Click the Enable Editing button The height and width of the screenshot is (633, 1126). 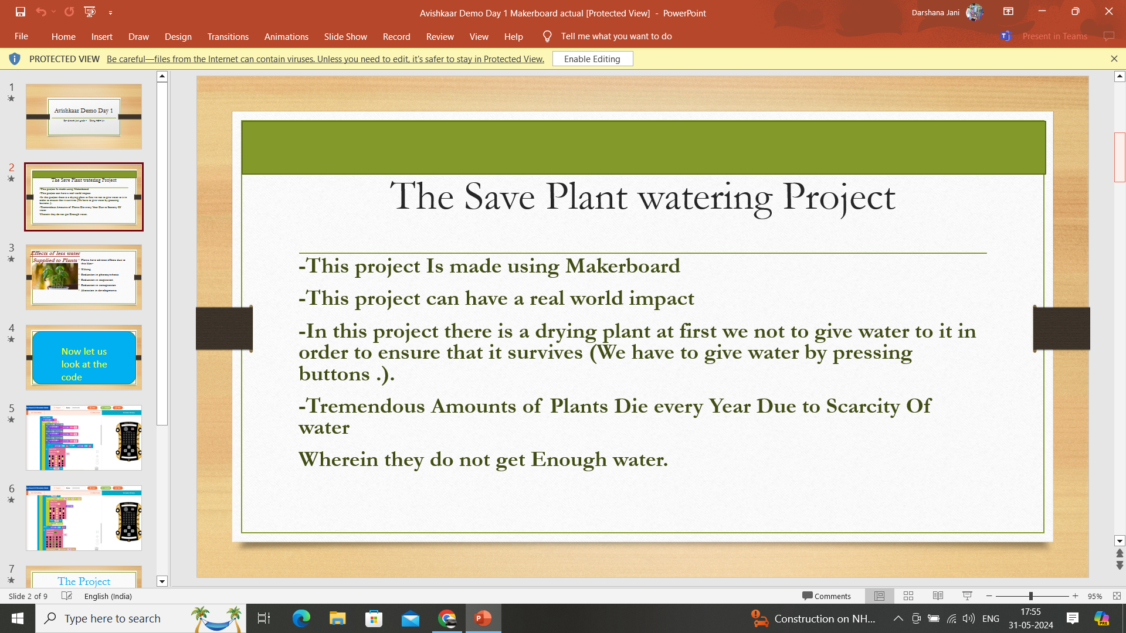592,59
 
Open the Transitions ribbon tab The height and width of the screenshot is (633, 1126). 228,36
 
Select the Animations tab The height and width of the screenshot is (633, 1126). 286,36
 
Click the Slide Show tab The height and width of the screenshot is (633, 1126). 345,36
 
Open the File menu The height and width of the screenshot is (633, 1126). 21,36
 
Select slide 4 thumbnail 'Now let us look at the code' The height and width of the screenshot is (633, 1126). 84,358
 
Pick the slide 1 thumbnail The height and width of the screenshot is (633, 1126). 84,116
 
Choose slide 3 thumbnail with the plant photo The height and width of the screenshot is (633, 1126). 84,277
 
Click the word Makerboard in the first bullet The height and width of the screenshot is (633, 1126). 622,266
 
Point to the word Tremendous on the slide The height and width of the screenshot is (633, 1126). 366,406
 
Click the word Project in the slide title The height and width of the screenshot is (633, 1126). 839,197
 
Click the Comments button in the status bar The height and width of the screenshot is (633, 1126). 826,596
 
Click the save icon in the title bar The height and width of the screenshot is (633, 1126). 21,12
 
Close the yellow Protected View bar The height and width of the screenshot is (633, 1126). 1114,59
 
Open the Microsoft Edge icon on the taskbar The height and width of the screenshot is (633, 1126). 301,618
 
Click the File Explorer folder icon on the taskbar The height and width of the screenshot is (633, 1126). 337,618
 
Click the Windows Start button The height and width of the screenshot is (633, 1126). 18,618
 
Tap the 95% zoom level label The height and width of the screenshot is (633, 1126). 1094,596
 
